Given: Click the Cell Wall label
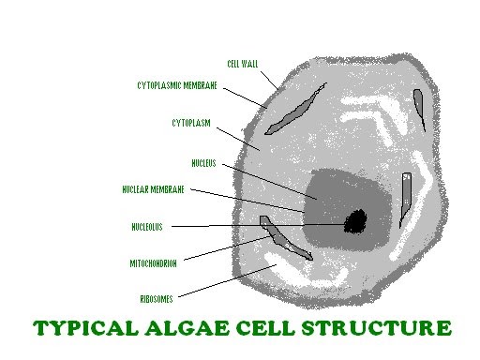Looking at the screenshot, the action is coord(242,65).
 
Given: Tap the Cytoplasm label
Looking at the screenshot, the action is coord(190,122).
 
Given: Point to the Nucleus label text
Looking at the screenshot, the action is coord(203,162).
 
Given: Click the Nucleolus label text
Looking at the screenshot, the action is coord(149,226).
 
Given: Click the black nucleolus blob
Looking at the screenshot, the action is coord(355,221).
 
